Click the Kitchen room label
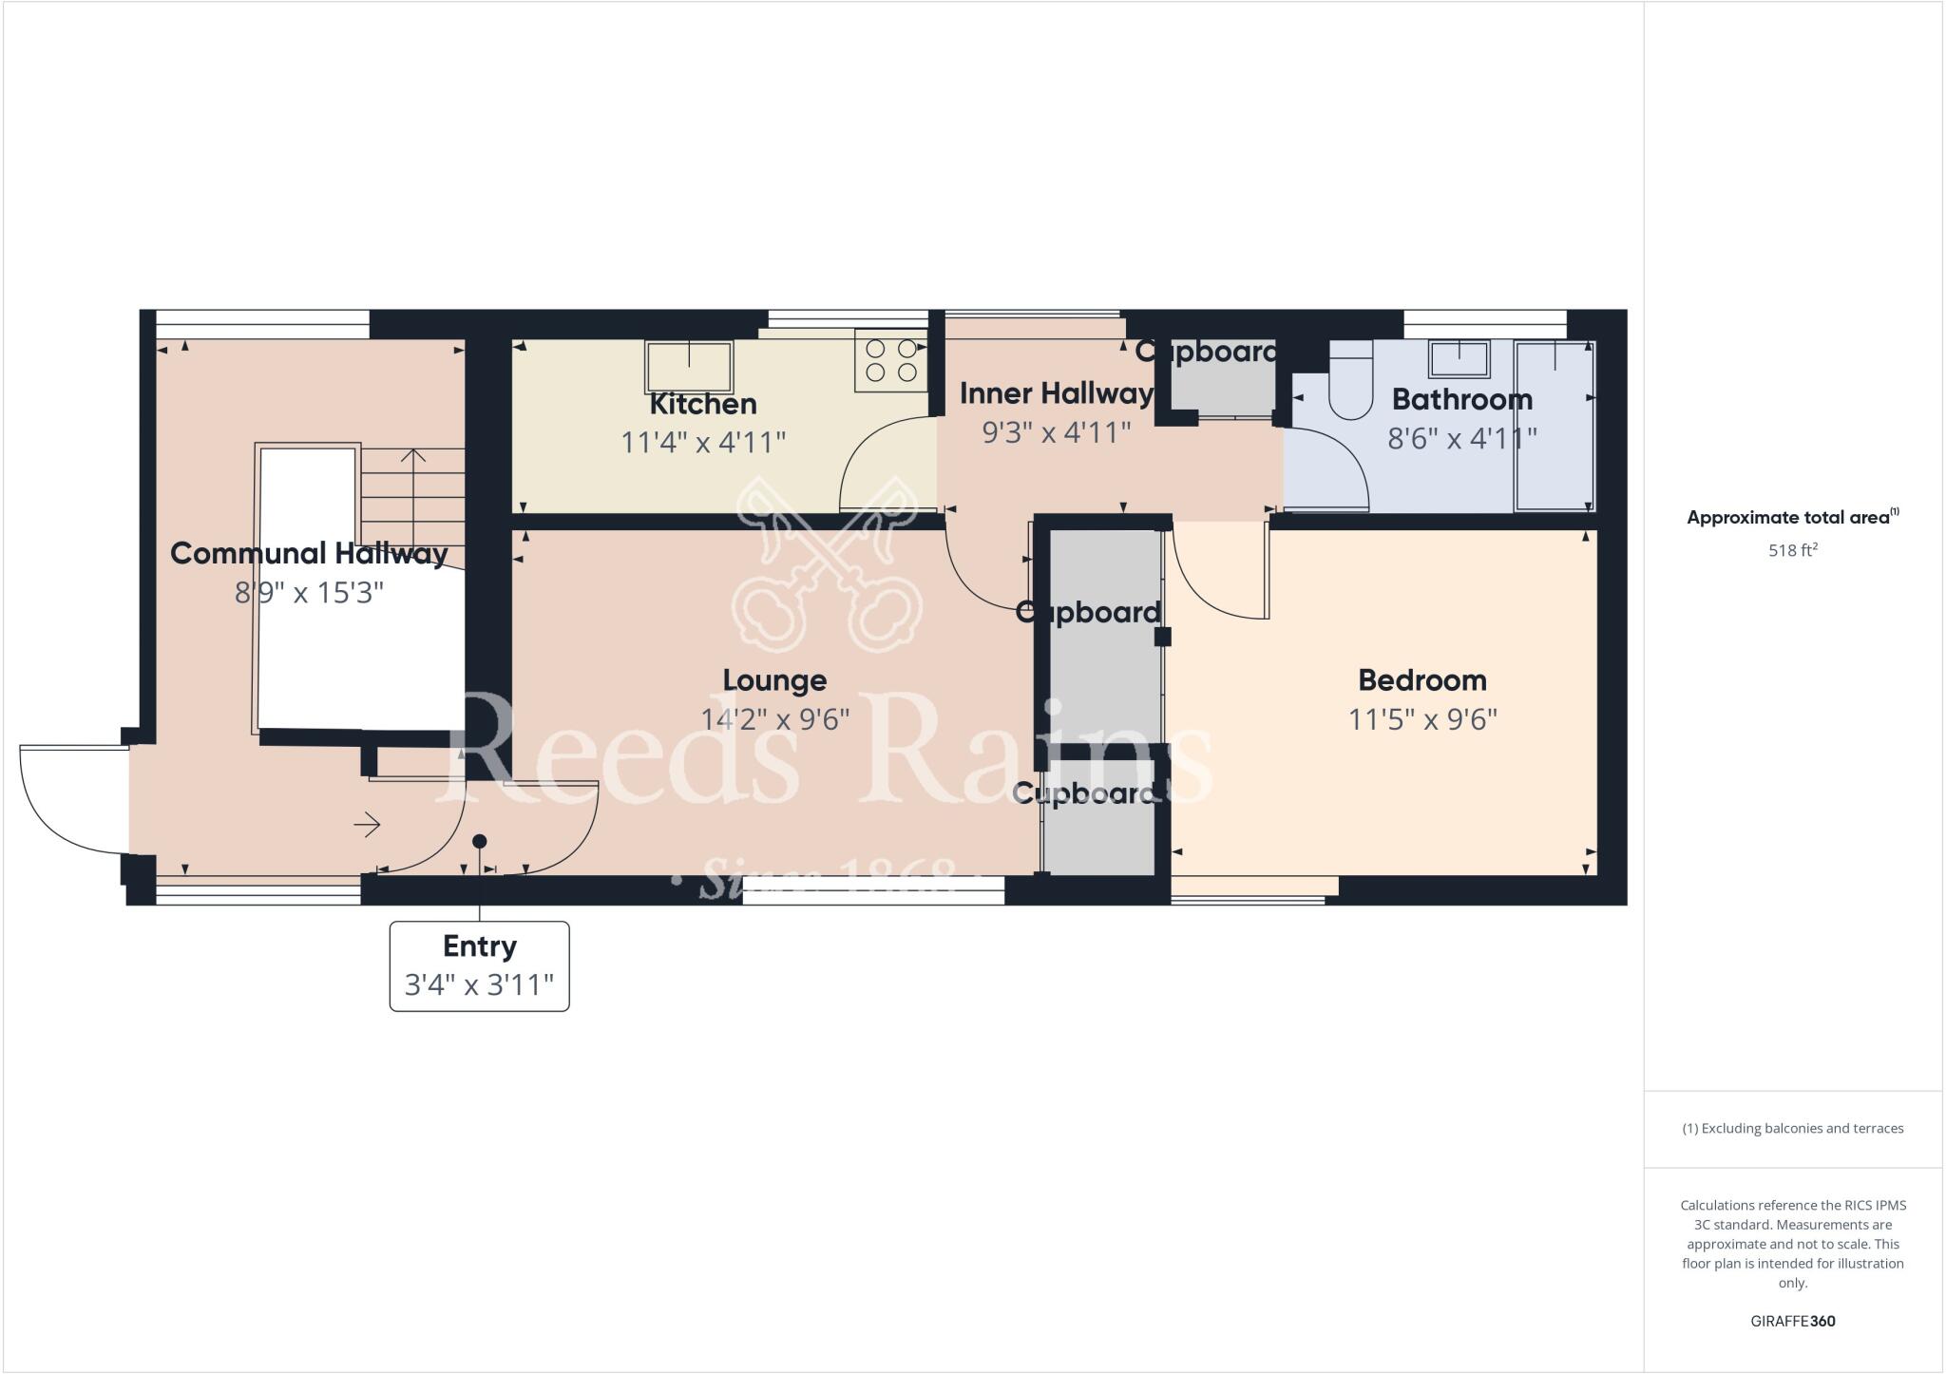[x=703, y=404]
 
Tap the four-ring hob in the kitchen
[x=890, y=360]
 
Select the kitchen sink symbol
[x=689, y=367]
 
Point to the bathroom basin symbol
[x=1459, y=359]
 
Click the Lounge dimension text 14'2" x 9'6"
[x=774, y=719]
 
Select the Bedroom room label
[x=1422, y=680]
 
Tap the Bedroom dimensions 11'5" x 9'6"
[x=1422, y=719]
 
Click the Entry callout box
[x=480, y=965]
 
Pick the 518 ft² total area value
[x=1792, y=550]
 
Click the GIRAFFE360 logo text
[x=1792, y=1321]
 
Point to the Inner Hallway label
[x=1056, y=393]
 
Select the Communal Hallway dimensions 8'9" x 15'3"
[x=309, y=593]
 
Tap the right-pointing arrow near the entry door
[x=368, y=825]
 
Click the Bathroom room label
[x=1461, y=399]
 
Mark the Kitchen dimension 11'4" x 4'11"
[x=703, y=443]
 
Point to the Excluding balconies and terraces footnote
[x=1792, y=1129]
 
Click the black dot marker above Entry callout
[x=480, y=841]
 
